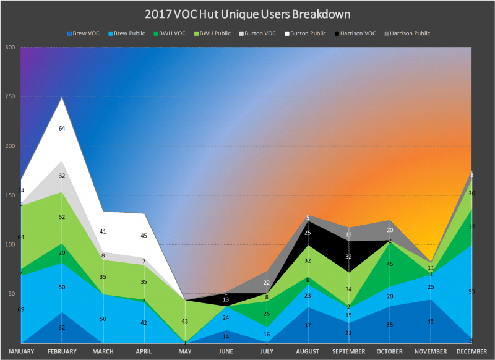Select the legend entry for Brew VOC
pyautogui.click(x=86, y=33)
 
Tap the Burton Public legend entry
pyautogui.click(x=308, y=33)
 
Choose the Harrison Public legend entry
pyautogui.click(x=408, y=33)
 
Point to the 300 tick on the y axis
pyautogui.click(x=10, y=47)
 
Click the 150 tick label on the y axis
pyautogui.click(x=10, y=195)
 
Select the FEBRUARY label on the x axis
pyautogui.click(x=62, y=351)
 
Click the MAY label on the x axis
pyautogui.click(x=185, y=351)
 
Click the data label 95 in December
pyautogui.click(x=471, y=291)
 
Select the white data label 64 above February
pyautogui.click(x=62, y=128)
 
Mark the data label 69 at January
pyautogui.click(x=21, y=309)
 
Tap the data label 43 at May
pyautogui.click(x=185, y=321)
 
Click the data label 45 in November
pyautogui.click(x=431, y=320)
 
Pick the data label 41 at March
pyautogui.click(x=103, y=231)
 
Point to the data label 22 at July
pyautogui.click(x=267, y=283)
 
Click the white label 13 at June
pyautogui.click(x=226, y=299)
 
